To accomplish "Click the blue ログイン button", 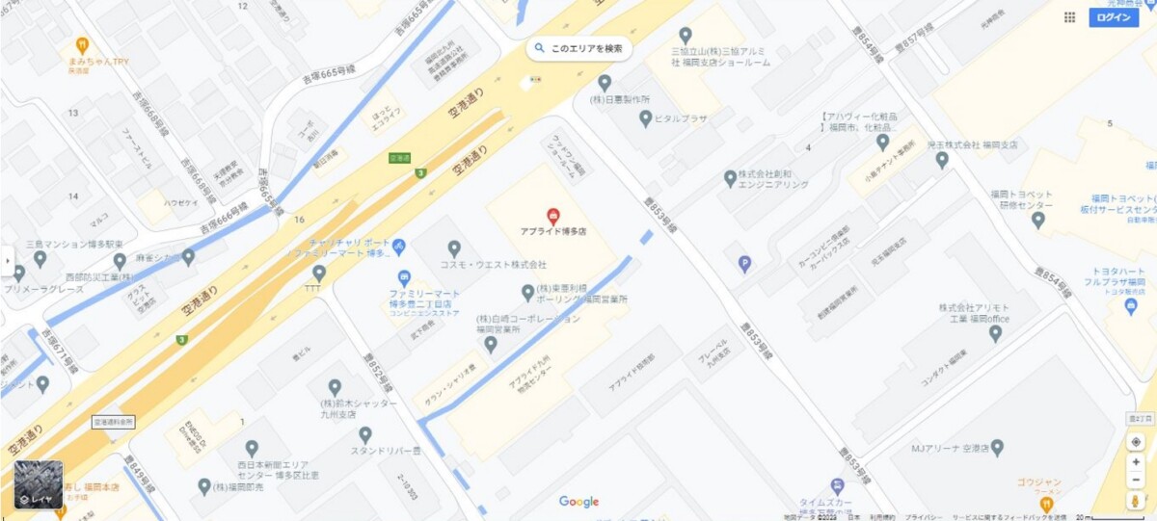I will coord(1113,17).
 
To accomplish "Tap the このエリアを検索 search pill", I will coord(579,47).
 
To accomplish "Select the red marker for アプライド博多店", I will coord(553,215).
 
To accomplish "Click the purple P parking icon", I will coord(744,264).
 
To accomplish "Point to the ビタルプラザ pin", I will coord(646,118).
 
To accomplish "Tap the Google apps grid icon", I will coord(1069,17).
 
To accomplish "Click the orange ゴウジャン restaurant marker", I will coord(1047,502).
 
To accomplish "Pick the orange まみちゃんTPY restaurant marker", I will coord(83,44).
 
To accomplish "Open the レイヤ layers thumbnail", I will coord(39,484).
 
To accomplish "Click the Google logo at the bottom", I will coord(578,502).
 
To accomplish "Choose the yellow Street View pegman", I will coord(1137,501).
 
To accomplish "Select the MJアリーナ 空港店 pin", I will coord(997,448).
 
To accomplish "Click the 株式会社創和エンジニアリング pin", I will coord(730,178).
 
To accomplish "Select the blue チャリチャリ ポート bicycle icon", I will coord(398,247).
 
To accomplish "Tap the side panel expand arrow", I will coord(6,260).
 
